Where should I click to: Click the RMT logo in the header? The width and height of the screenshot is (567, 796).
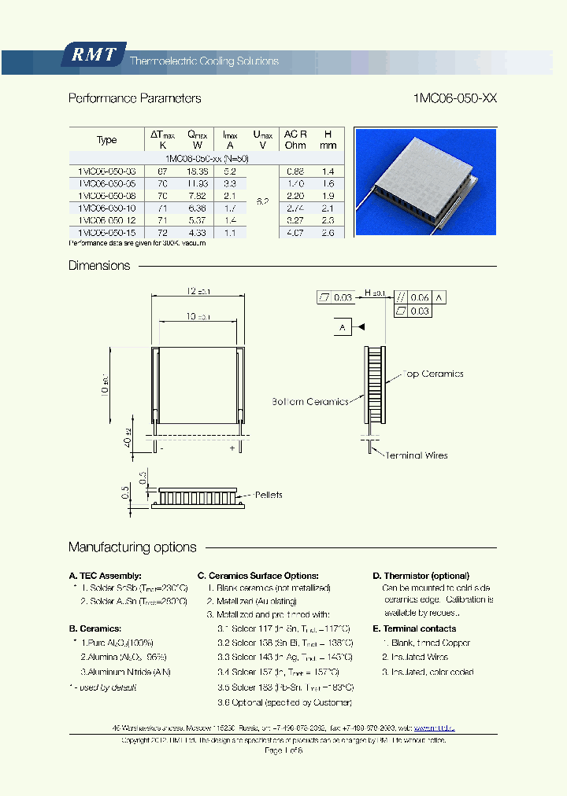pyautogui.click(x=94, y=55)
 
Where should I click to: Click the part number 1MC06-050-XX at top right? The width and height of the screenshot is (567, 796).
pyautogui.click(x=454, y=98)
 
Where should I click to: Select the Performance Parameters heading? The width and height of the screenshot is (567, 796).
pyautogui.click(x=135, y=98)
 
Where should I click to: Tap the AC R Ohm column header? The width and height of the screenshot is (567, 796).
pyautogui.click(x=295, y=139)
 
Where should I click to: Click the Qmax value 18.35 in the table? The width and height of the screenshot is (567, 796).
pyautogui.click(x=197, y=171)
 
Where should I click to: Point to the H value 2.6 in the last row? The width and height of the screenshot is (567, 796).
pyautogui.click(x=328, y=233)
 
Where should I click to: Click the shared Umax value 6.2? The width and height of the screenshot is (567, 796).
pyautogui.click(x=262, y=201)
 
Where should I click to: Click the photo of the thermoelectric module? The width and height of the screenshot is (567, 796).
pyautogui.click(x=425, y=181)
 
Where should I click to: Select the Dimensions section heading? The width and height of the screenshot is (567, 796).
pyautogui.click(x=99, y=266)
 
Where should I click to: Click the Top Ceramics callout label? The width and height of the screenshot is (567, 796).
pyautogui.click(x=433, y=374)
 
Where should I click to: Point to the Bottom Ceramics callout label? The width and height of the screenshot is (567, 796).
pyautogui.click(x=310, y=402)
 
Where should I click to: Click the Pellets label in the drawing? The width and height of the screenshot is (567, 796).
pyautogui.click(x=268, y=495)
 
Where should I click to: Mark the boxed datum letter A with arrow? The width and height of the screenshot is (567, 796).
pyautogui.click(x=343, y=326)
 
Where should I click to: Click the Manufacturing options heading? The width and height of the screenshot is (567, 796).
pyautogui.click(x=132, y=547)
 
